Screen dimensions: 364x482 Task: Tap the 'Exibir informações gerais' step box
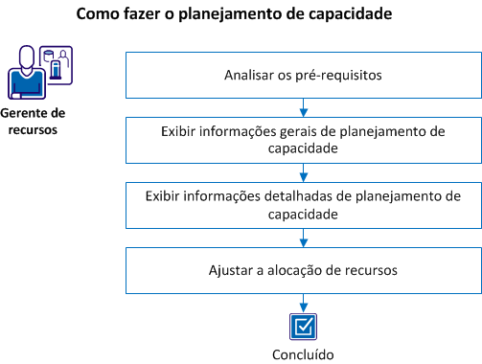tap(303, 140)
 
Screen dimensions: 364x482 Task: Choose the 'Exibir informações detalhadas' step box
tap(303, 205)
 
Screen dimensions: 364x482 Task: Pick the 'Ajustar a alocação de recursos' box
tap(303, 270)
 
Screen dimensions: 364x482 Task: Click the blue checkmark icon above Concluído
tap(303, 325)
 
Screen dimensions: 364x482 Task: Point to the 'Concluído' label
tap(303, 354)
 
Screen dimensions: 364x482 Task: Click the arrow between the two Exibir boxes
tap(303, 172)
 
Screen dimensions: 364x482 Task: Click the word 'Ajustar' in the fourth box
tap(230, 270)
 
